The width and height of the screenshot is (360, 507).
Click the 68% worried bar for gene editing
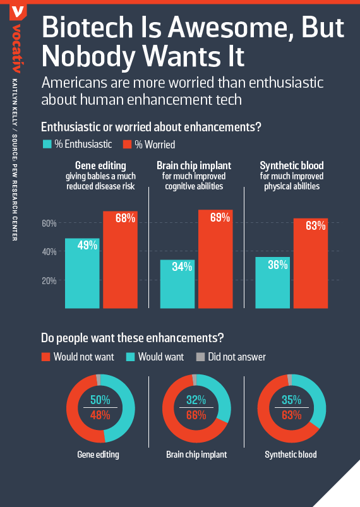(121, 259)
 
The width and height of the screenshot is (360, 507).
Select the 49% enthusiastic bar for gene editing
(82, 273)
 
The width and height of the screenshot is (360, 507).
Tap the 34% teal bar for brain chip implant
(177, 284)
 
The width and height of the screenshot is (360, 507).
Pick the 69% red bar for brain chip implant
(215, 259)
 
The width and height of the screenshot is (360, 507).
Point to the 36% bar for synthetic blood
(272, 283)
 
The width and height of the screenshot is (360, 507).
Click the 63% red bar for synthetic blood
(311, 263)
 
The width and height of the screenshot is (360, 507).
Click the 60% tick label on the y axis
(49, 223)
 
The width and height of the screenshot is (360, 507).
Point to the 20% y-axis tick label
(49, 281)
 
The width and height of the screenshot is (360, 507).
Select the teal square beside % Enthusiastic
(47, 144)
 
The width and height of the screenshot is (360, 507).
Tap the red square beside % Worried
(127, 144)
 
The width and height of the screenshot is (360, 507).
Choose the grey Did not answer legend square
(201, 357)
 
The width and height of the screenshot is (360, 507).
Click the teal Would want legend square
(130, 357)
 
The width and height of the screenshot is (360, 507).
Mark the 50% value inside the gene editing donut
(100, 400)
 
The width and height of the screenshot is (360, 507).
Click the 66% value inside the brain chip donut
(196, 415)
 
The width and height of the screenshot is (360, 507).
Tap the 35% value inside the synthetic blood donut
(291, 400)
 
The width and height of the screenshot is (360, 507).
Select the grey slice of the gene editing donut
(99, 379)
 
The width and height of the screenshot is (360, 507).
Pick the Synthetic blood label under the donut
(291, 455)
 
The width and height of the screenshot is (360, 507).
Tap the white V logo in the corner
(18, 12)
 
